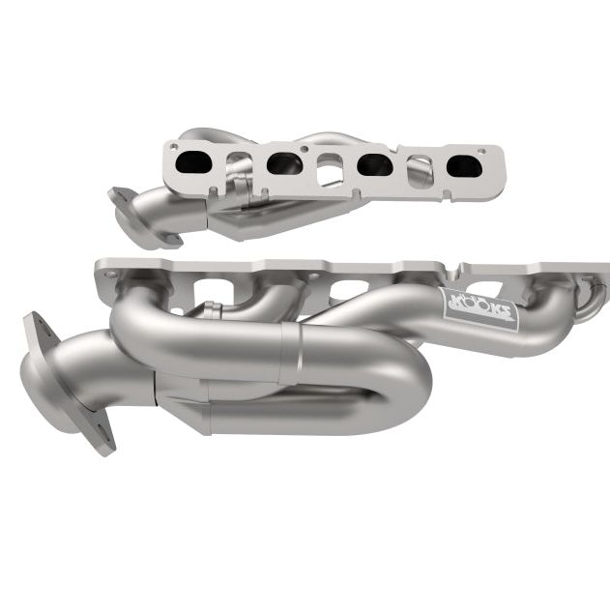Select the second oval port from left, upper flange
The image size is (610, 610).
(x=284, y=163)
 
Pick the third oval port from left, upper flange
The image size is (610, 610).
(x=374, y=165)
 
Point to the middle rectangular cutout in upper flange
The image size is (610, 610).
(x=330, y=171)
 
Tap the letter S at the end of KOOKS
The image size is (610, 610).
(x=508, y=320)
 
